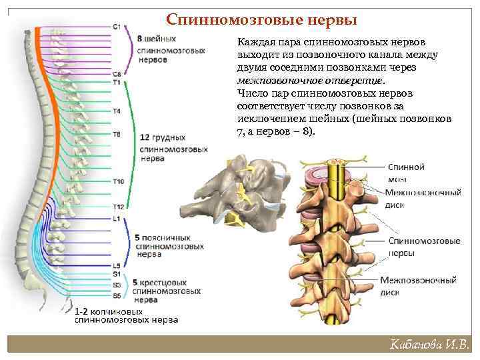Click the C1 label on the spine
click(117, 27)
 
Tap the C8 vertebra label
click(117, 74)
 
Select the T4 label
click(117, 111)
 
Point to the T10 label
click(118, 181)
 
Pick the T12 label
click(118, 207)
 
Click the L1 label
click(117, 218)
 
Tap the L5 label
click(117, 265)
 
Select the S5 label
click(117, 295)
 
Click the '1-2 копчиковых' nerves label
click(125, 315)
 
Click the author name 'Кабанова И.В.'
click(430, 345)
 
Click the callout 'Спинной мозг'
click(406, 173)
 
